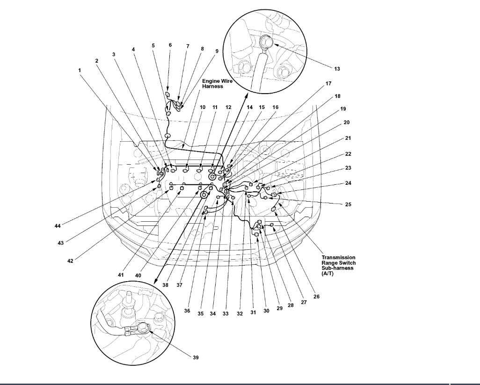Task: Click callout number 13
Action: [x=337, y=69]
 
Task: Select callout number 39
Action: [x=196, y=357]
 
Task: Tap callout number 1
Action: [x=80, y=70]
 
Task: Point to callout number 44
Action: [x=58, y=226]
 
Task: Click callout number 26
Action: [x=317, y=296]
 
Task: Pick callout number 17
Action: [x=328, y=84]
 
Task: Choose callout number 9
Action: [x=217, y=51]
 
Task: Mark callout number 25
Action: [x=348, y=204]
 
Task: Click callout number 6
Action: [x=170, y=45]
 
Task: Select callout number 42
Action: [x=70, y=261]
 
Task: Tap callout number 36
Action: [x=187, y=311]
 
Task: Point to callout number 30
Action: [x=266, y=311]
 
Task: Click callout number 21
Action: [x=348, y=138]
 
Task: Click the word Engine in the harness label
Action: [x=210, y=81]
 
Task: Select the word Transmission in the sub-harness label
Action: [x=338, y=257]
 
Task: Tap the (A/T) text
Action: [x=327, y=273]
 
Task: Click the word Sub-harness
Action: [x=338, y=268]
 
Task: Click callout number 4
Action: [x=133, y=49]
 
